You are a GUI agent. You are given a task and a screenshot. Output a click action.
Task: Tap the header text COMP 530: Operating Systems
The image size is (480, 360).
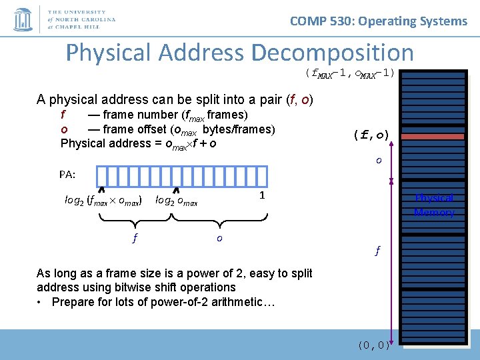tap(379, 21)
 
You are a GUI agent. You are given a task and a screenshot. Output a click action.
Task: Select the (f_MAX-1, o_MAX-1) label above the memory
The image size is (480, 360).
tap(349, 73)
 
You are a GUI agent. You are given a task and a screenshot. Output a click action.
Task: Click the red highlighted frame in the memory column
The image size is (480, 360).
tap(435, 136)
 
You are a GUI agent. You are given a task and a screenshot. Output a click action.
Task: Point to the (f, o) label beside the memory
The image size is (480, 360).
tap(371, 135)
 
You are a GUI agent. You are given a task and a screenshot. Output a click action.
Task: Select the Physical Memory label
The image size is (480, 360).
tap(433, 205)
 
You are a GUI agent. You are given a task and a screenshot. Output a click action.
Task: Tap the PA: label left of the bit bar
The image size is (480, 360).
tap(67, 175)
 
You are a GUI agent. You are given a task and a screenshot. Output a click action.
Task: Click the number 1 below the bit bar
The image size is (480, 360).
tap(263, 195)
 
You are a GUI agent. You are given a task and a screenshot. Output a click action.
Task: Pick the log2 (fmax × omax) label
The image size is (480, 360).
tap(103, 199)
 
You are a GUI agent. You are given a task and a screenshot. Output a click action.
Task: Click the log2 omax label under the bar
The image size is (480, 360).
tap(176, 199)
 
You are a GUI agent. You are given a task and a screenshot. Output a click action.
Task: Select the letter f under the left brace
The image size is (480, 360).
tap(135, 238)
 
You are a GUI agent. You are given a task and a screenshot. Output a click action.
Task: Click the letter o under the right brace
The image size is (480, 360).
tap(219, 238)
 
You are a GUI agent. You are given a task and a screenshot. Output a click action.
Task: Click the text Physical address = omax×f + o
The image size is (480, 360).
tap(138, 143)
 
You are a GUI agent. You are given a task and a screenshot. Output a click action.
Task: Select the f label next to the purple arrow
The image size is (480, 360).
tap(377, 251)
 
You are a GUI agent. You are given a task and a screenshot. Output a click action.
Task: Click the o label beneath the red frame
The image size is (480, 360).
tap(378, 160)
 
